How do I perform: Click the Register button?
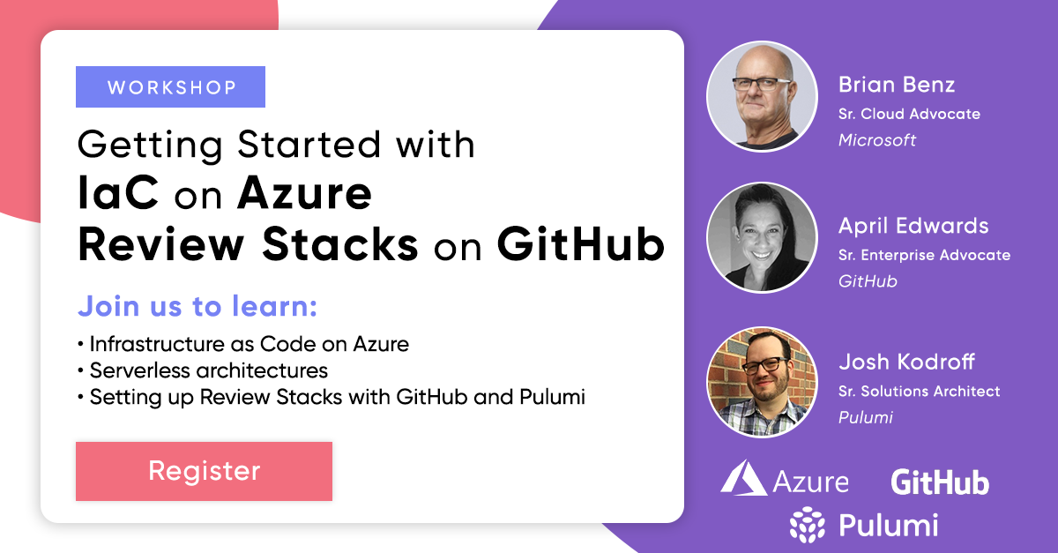pyautogui.click(x=204, y=471)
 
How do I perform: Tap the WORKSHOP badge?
pyautogui.click(x=170, y=87)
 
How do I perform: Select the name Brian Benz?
pyautogui.click(x=897, y=85)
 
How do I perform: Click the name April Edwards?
pyautogui.click(x=913, y=227)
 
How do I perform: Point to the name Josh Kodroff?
pyautogui.click(x=906, y=362)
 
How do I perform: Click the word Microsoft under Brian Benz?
pyautogui.click(x=877, y=140)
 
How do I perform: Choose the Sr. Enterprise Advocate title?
pyautogui.click(x=924, y=255)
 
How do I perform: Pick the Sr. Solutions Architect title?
pyautogui.click(x=919, y=392)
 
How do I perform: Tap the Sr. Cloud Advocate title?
pyautogui.click(x=909, y=114)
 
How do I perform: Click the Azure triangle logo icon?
pyautogui.click(x=743, y=478)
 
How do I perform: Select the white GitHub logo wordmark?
pyautogui.click(x=940, y=482)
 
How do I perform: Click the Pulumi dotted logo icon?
pyautogui.click(x=808, y=525)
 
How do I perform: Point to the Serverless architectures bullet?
pyautogui.click(x=203, y=370)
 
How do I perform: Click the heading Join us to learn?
pyautogui.click(x=197, y=306)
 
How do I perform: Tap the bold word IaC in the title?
pyautogui.click(x=118, y=192)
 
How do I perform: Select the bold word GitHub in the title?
pyautogui.click(x=581, y=244)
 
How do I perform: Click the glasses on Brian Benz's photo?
pyautogui.click(x=760, y=84)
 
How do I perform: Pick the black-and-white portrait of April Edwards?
pyautogui.click(x=762, y=238)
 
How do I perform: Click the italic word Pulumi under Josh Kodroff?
pyautogui.click(x=865, y=418)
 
